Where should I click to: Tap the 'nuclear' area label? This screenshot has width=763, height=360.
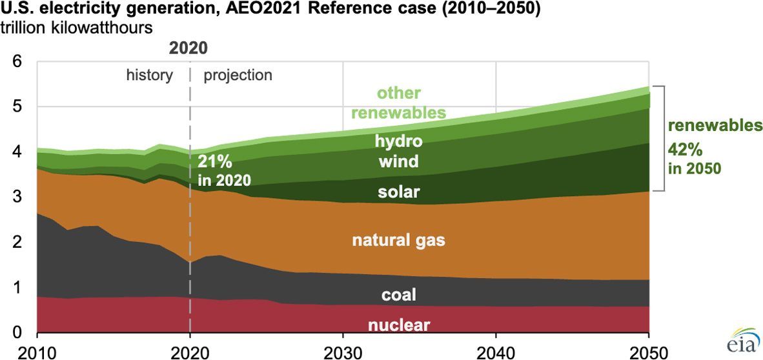point(399,324)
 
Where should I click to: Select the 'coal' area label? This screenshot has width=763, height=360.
point(398,295)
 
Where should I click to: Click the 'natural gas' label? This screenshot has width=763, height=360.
point(398,241)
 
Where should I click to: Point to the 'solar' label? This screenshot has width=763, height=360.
point(399,192)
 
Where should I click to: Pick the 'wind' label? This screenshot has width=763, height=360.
point(399,161)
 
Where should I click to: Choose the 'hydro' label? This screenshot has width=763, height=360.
point(400,141)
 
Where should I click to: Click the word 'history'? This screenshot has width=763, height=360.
point(149,75)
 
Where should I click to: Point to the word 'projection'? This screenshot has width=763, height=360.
point(238,75)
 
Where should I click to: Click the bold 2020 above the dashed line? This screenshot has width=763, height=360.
point(189,48)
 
